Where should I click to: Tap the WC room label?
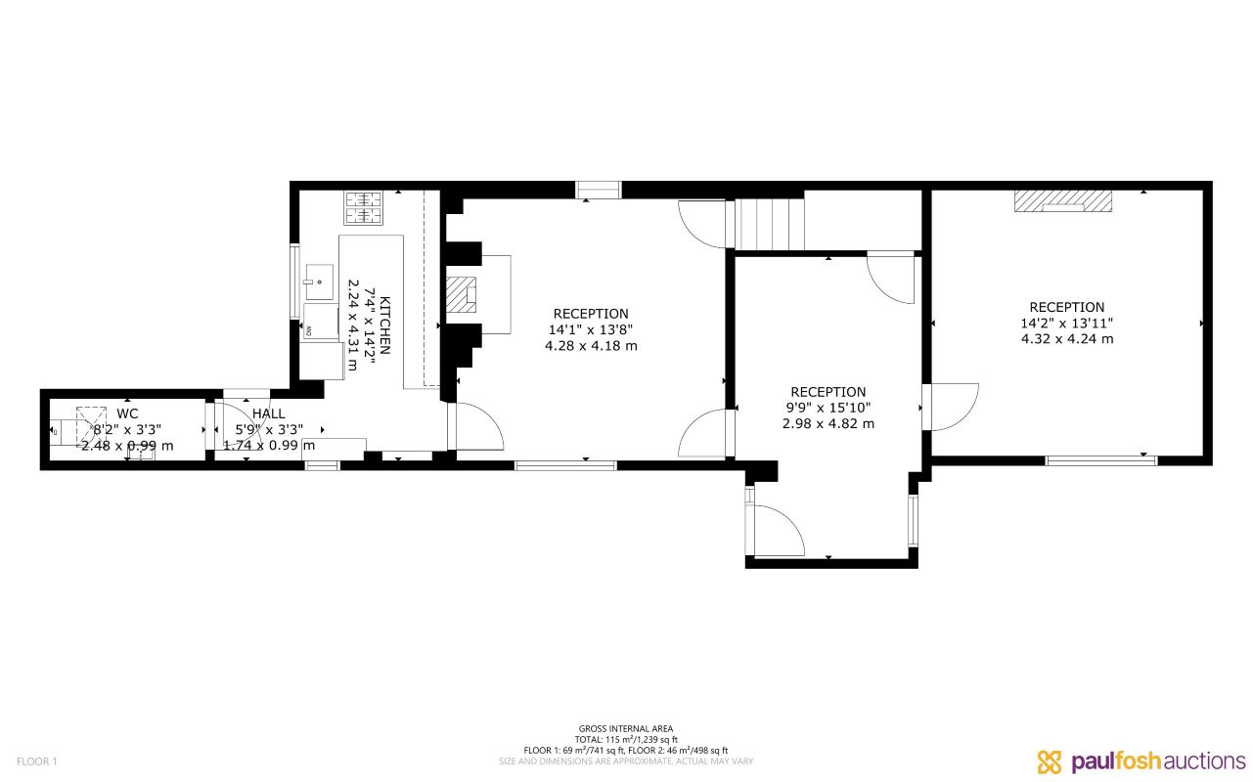127,413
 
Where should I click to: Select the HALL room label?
268,413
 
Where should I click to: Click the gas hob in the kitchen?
363,207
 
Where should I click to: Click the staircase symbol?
769,224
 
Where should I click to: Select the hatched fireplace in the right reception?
1063,200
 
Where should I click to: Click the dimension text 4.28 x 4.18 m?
591,345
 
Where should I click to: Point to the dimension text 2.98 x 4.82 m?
828,423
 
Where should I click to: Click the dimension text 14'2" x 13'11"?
1066,323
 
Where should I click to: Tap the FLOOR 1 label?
37,760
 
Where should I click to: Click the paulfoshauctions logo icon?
1049,760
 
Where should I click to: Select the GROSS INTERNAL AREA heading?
626,728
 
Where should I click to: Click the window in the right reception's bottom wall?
1101,459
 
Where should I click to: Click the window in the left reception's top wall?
598,190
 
